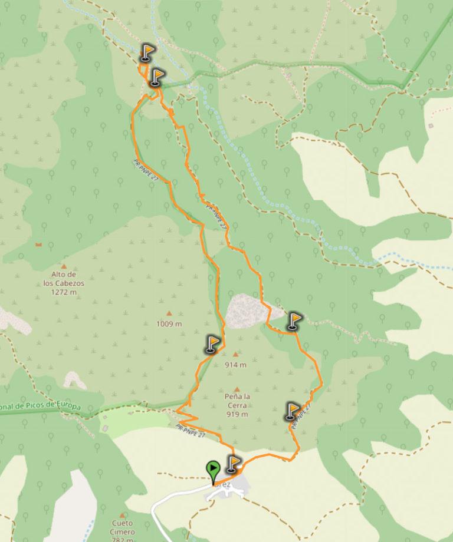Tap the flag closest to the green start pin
234,464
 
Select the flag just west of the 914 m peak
212,344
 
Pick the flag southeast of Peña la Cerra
293,411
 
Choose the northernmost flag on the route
146,53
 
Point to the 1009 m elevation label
169,324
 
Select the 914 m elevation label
236,365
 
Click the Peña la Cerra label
238,405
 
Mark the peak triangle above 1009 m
169,313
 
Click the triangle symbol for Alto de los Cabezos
64,266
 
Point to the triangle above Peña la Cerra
237,389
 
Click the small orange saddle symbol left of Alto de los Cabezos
39,244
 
